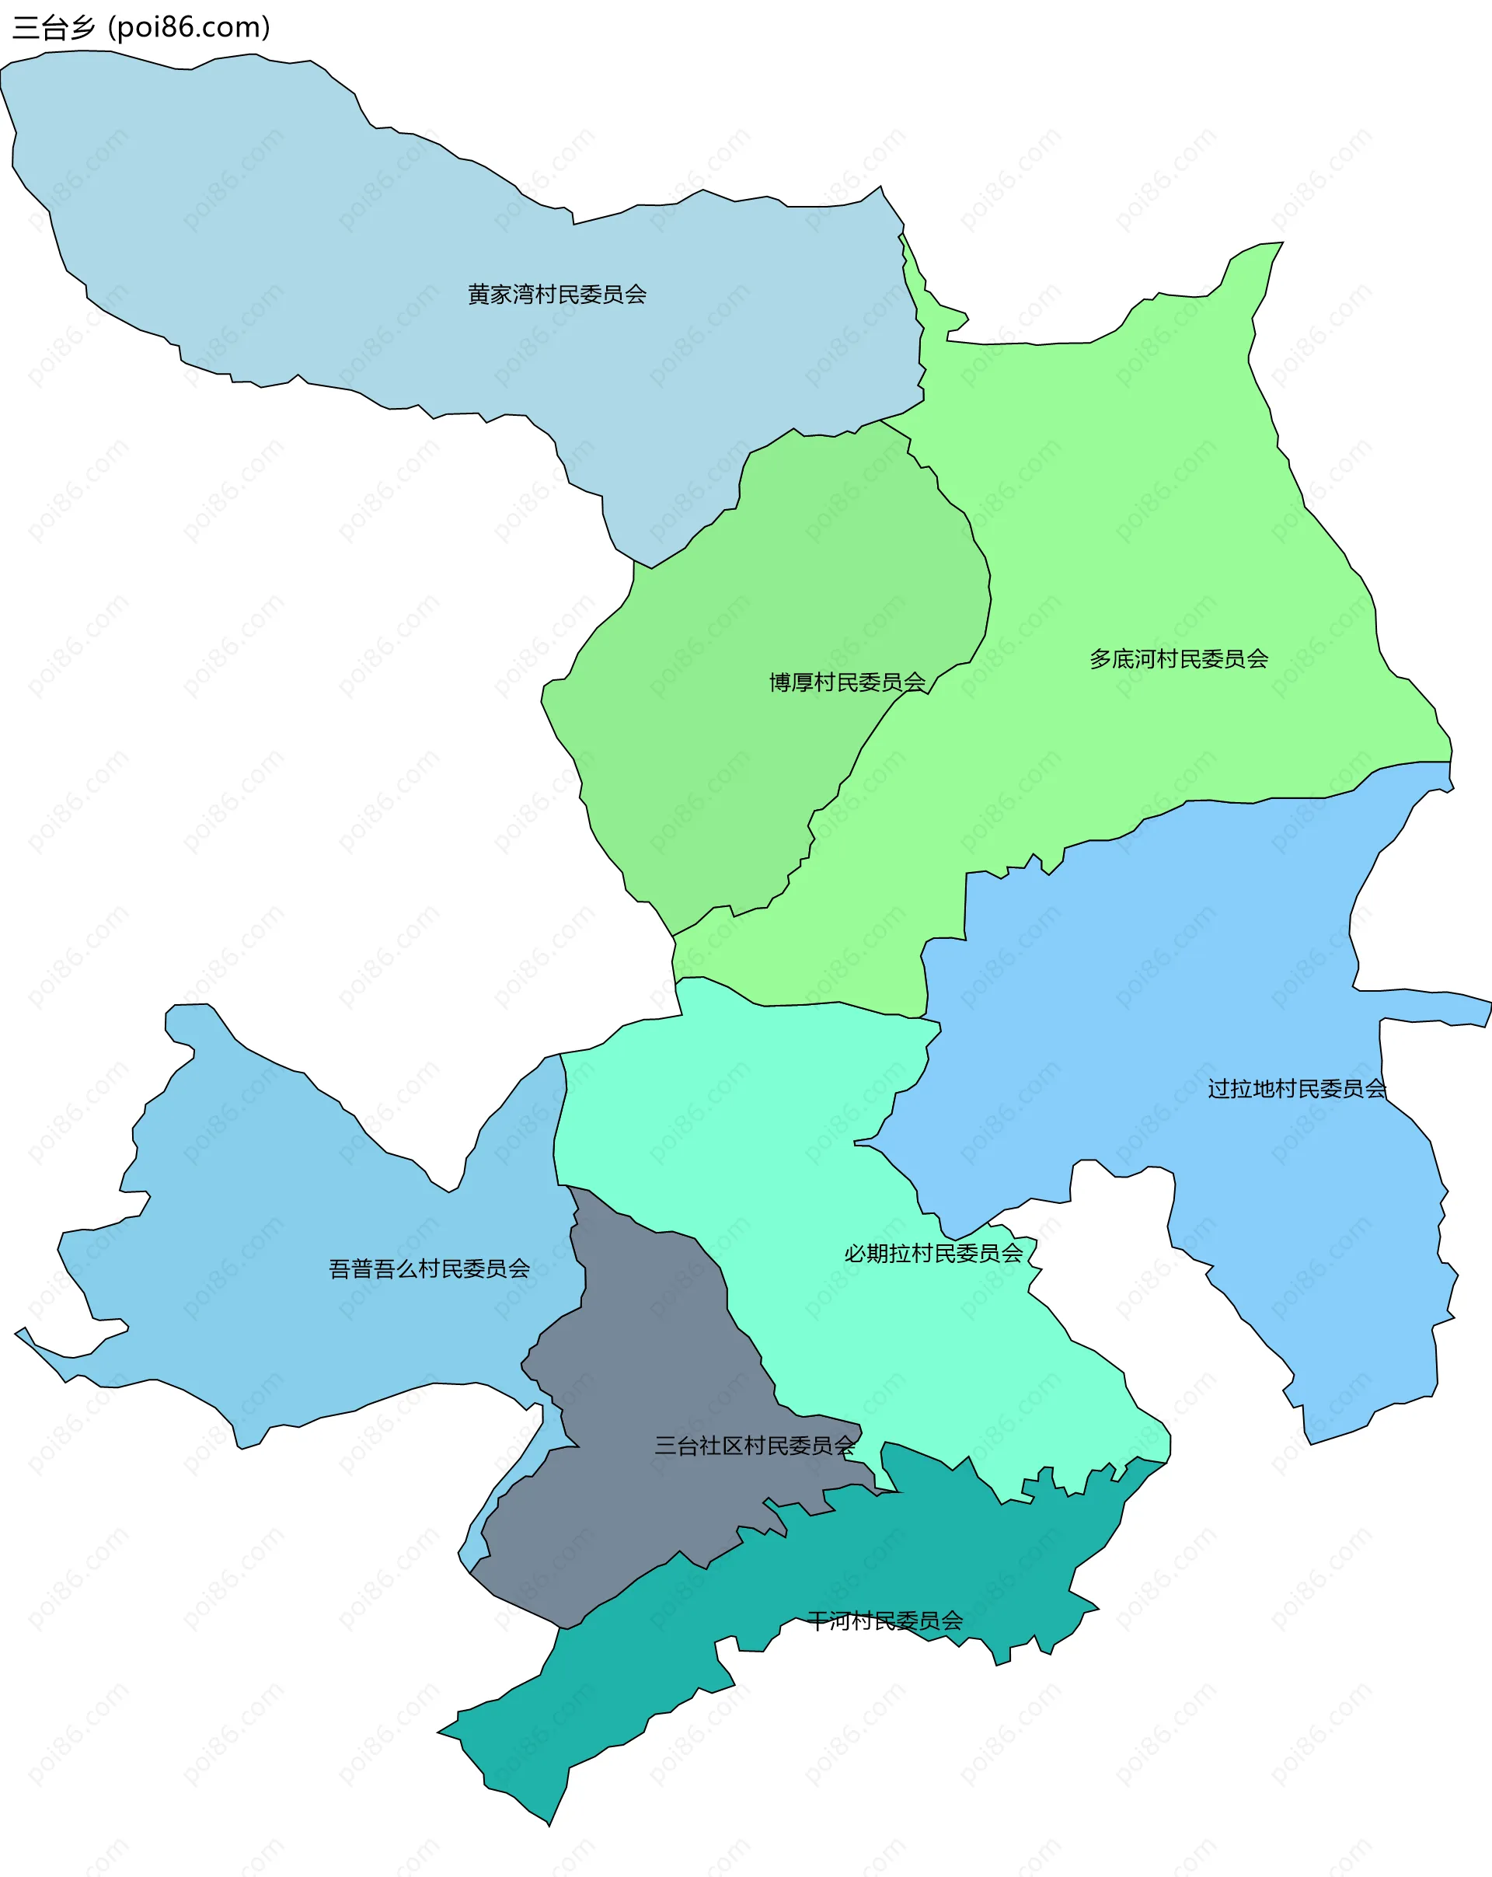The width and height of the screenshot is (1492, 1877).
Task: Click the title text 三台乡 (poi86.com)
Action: (141, 28)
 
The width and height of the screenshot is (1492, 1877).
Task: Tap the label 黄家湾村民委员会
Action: (557, 295)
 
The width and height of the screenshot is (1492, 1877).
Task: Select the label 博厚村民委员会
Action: (847, 682)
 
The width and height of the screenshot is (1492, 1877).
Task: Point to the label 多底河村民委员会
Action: (1179, 659)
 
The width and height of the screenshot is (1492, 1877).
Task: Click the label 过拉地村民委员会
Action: (1296, 1089)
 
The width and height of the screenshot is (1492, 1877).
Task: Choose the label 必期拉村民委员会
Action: (933, 1254)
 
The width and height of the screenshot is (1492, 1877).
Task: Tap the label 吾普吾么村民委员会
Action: (429, 1269)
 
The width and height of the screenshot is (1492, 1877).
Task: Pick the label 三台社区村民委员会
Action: (755, 1446)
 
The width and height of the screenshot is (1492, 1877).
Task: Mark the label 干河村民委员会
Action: (884, 1621)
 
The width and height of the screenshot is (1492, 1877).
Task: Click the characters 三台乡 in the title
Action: (54, 28)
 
